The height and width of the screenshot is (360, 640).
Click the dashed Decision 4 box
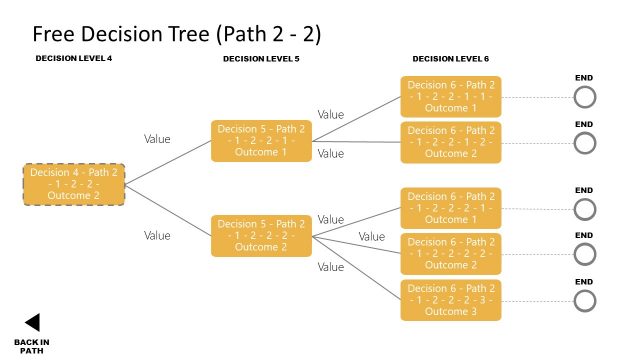[x=74, y=185]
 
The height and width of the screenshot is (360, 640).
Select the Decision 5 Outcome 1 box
[x=260, y=141]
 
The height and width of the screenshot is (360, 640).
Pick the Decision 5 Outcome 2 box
[x=260, y=236]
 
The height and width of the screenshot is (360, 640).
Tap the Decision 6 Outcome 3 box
[x=450, y=300]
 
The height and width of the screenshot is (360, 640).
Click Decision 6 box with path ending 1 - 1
[x=450, y=96]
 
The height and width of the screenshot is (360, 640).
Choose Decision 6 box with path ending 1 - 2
[x=450, y=142]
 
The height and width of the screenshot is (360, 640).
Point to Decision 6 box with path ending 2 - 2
[x=450, y=254]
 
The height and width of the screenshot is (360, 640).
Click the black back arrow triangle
[x=32, y=322]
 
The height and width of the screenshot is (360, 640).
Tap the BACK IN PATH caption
[x=32, y=346]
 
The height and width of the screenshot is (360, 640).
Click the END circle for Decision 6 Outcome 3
[x=585, y=300]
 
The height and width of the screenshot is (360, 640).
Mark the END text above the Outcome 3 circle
[x=585, y=281]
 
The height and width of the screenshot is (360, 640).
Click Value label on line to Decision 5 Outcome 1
[x=157, y=140]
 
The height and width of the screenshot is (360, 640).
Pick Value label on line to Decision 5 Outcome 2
[x=157, y=236]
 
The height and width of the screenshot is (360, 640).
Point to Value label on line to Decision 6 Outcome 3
[x=331, y=267]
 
